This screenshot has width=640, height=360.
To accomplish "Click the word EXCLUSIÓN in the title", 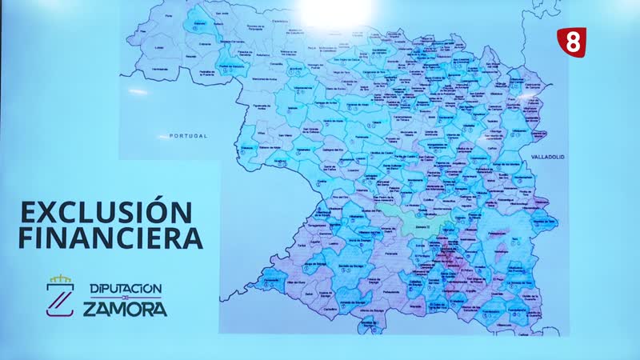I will (x=106, y=214).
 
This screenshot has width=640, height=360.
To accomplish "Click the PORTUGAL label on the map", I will (x=189, y=136).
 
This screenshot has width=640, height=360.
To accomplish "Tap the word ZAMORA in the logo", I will (x=126, y=308).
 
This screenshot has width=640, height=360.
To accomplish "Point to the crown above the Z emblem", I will (x=61, y=279).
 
